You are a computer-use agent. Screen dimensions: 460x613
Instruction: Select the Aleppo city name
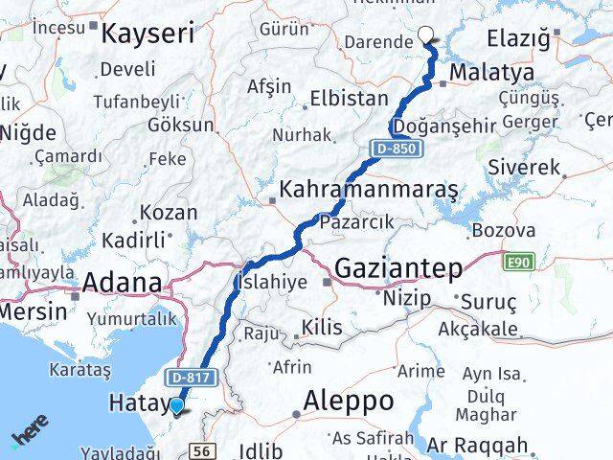[x=349, y=399]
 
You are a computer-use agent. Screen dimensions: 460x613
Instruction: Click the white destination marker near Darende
[x=426, y=37]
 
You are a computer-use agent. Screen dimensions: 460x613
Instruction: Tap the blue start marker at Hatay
[x=177, y=407]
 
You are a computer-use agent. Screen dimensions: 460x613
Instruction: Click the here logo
[x=32, y=437]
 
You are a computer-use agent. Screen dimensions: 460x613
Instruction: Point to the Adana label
[x=122, y=283]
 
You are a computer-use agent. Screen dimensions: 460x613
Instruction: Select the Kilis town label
[x=321, y=329]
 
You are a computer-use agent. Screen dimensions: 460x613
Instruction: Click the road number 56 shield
[x=202, y=449]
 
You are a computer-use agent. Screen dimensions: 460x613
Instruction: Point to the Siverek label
[x=524, y=168]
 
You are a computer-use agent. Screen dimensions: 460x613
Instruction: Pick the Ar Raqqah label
[x=477, y=446]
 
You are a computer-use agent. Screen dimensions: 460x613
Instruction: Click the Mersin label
[x=33, y=311]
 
